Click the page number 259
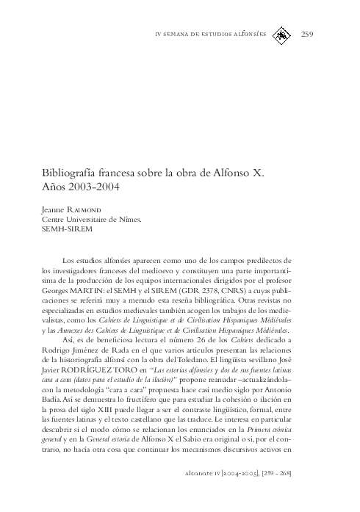click(x=307, y=34)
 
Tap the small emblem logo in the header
click(x=282, y=34)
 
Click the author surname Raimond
click(x=86, y=209)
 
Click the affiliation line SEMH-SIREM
click(x=67, y=228)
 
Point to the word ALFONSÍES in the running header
click(x=245, y=35)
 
